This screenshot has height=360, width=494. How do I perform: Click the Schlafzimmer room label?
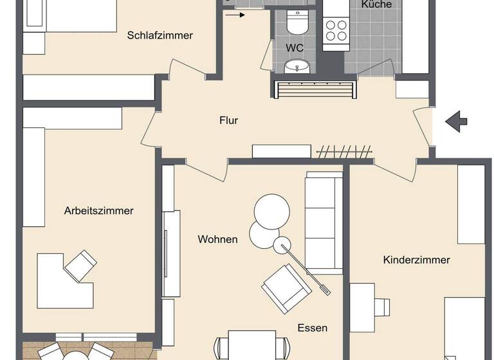tap(160, 36)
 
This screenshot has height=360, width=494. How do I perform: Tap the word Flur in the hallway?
tap(228, 120)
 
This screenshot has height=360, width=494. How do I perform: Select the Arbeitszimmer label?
tap(99, 211)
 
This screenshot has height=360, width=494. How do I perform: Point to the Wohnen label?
tap(217, 240)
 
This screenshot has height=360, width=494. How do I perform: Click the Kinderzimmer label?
tap(416, 260)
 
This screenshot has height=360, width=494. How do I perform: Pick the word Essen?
tap(312, 328)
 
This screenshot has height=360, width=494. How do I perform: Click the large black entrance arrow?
tap(456, 120)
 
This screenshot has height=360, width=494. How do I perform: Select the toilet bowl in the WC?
tap(297, 24)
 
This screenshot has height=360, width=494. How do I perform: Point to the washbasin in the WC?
tap(297, 66)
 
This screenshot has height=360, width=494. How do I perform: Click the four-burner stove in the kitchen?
tap(334, 29)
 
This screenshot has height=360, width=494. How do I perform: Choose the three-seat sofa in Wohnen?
tap(324, 222)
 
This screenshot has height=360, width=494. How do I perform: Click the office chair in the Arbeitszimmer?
tap(80, 264)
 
